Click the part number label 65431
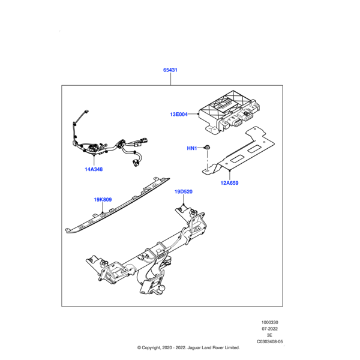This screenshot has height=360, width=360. coord(170,70)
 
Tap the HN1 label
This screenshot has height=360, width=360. coord(192,148)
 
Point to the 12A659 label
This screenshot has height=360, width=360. coord(229,182)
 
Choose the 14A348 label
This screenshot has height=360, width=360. coord(94,169)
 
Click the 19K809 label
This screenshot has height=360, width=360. coord(103,199)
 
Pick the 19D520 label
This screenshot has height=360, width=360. coord(183,192)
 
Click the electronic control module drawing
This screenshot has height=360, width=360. coord(230,113)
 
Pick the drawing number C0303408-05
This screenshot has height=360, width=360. coord(269,342)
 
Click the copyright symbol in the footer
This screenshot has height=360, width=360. coord(139,348)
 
